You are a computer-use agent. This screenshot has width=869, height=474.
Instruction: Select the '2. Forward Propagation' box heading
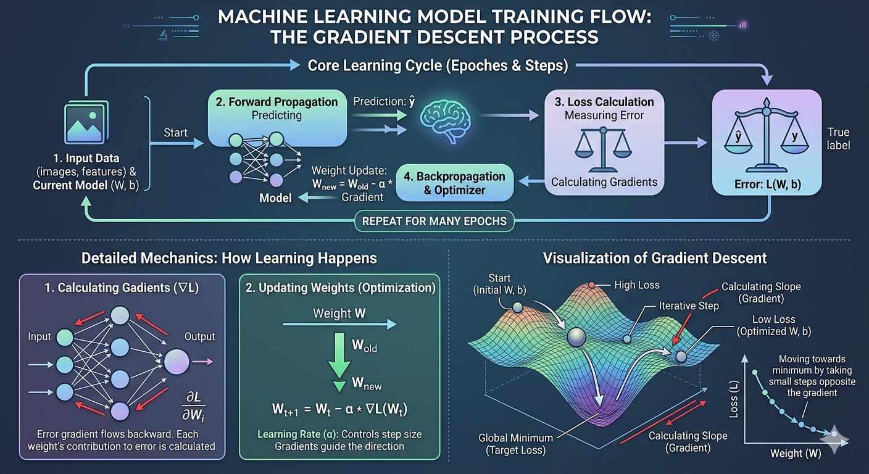coord(277,102)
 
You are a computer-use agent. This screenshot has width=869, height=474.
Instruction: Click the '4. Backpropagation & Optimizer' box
coord(454,183)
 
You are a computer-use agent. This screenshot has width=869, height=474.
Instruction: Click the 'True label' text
coord(838,139)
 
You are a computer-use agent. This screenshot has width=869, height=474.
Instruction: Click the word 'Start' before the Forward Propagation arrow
coord(175,132)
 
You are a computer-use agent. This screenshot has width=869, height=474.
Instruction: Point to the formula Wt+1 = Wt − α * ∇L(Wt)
coord(339,410)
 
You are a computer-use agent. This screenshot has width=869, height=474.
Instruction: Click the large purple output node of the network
coord(177,361)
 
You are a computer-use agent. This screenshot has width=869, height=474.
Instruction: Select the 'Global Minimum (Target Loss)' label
coord(517,444)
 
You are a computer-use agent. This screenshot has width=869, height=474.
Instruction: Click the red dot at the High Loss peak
coord(592,285)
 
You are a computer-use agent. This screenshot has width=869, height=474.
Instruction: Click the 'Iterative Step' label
coord(689,306)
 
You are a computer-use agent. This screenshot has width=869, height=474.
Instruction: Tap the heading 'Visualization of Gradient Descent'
coord(655,257)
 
